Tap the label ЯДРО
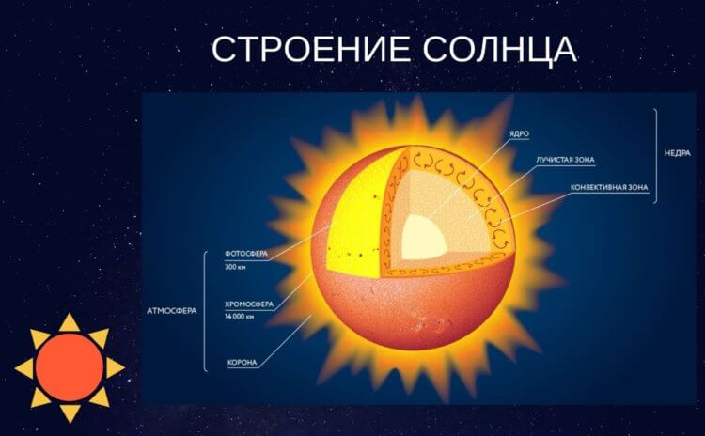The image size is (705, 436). click(518, 134)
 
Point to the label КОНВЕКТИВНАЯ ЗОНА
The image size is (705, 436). click(610, 187)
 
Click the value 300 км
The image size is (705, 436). click(236, 267)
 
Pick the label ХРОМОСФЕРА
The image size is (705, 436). click(250, 304)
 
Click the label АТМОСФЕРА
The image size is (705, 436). click(172, 310)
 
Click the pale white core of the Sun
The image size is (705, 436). click(426, 236)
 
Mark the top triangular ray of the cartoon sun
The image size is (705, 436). click(70, 322)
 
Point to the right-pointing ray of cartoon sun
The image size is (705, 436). click(115, 367)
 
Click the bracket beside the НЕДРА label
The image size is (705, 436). click(655, 155)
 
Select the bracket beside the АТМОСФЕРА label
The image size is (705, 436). click(207, 310)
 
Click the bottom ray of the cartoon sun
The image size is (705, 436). click(70, 413)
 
